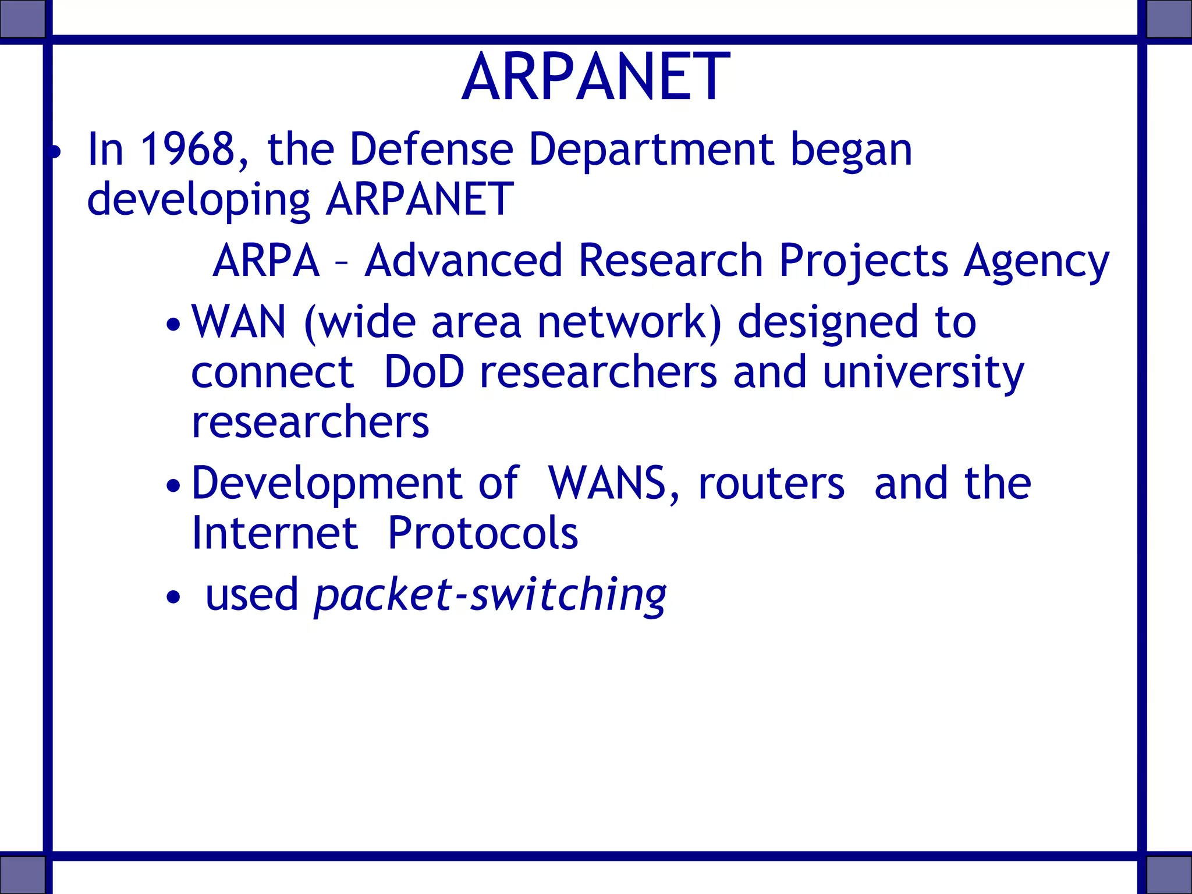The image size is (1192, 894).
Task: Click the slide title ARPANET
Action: click(x=595, y=77)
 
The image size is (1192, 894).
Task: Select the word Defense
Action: click(x=431, y=150)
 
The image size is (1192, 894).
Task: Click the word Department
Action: click(x=651, y=150)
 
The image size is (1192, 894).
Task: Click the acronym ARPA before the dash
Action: click(x=266, y=261)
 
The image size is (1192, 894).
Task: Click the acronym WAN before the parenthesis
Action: click(x=239, y=322)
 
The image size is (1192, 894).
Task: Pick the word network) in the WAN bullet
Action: click(x=629, y=322)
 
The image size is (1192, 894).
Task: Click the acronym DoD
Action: click(x=424, y=372)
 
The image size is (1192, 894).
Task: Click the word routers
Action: click(x=771, y=484)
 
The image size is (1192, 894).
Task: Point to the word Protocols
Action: click(x=483, y=533)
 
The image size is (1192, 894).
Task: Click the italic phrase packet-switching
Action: click(x=490, y=595)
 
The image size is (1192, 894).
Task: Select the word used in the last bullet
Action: click(x=251, y=595)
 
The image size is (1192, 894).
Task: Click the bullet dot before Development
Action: click(x=173, y=485)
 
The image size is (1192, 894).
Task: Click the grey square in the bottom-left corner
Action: click(x=22, y=874)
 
